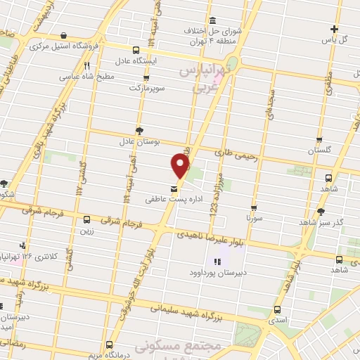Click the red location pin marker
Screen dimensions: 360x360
click(x=181, y=165)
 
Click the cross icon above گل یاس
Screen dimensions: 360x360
click(x=335, y=30)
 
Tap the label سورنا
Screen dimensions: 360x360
click(x=252, y=219)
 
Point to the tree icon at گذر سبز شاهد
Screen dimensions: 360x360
click(x=321, y=211)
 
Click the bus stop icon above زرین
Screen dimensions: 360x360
click(x=87, y=219)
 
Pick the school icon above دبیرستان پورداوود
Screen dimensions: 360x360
click(x=216, y=262)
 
